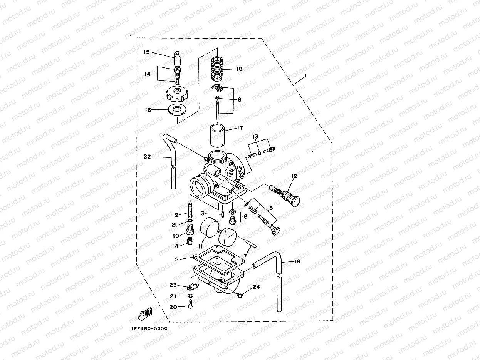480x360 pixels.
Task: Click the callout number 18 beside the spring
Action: (x=239, y=69)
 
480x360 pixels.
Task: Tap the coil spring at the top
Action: (x=218, y=68)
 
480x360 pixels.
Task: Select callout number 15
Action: (x=147, y=52)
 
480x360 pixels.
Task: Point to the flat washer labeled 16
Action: (x=177, y=110)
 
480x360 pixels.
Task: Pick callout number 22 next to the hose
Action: (x=147, y=156)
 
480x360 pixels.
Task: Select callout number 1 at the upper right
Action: (x=305, y=76)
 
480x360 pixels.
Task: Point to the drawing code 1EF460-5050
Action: (x=146, y=328)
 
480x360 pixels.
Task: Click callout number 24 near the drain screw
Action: (x=256, y=287)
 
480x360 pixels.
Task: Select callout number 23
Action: (x=173, y=285)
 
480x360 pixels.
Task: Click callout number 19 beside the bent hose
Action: (x=297, y=261)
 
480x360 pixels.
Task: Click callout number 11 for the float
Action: (x=200, y=246)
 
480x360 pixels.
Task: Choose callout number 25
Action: (x=175, y=224)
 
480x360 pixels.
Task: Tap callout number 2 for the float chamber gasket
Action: (x=177, y=259)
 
